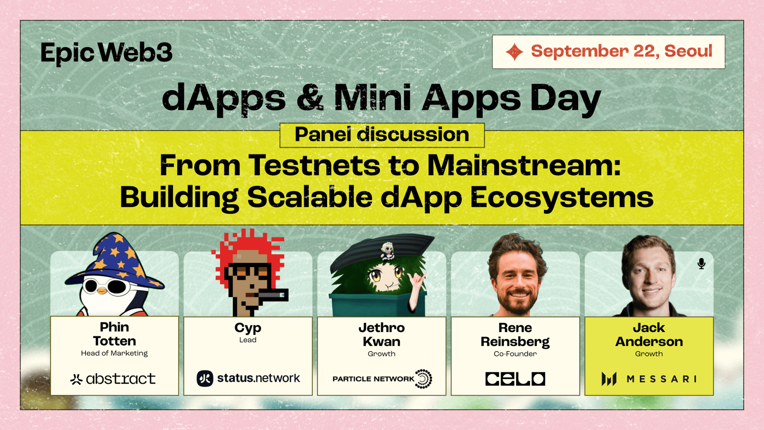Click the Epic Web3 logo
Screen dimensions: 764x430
[x=106, y=53]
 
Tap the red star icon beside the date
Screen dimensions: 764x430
[x=514, y=52]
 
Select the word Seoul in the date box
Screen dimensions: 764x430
[x=688, y=51]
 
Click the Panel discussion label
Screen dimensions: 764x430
[x=382, y=135]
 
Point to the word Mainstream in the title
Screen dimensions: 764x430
[x=524, y=165]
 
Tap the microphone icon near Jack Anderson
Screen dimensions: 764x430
[x=701, y=264]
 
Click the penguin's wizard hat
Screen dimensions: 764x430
[x=115, y=261]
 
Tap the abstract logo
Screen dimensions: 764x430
[x=113, y=379]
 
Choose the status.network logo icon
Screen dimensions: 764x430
[x=205, y=378]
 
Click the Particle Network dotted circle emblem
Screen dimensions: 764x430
[x=424, y=379]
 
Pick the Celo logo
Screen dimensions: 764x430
[x=515, y=379]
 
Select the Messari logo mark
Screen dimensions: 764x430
[x=609, y=379]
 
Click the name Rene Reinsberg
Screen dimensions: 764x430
[x=515, y=335]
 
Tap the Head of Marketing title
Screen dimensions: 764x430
[x=114, y=353]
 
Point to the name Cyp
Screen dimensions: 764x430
[x=248, y=328]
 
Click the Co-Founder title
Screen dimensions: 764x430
[x=515, y=354]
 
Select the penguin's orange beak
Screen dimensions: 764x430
[x=102, y=291]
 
